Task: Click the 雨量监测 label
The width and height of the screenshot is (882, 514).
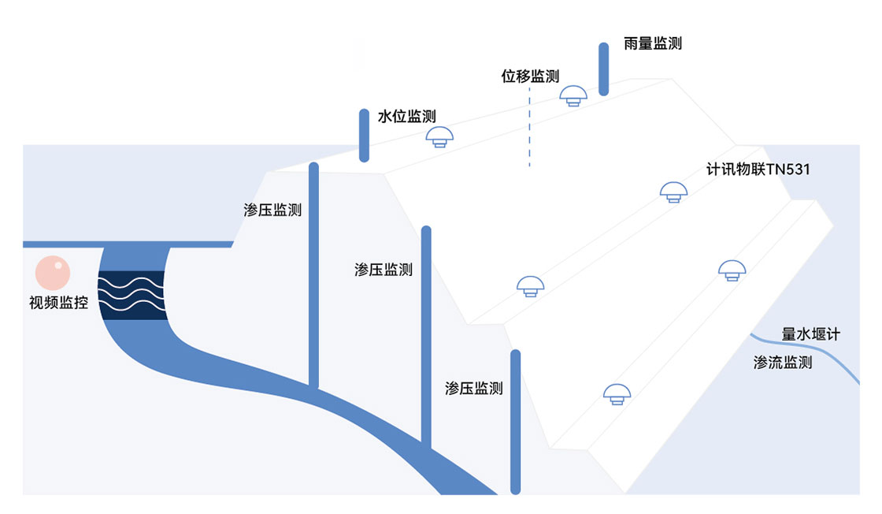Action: click(x=652, y=44)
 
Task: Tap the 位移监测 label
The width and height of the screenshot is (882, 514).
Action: click(x=530, y=76)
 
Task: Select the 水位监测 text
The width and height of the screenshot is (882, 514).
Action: click(x=406, y=117)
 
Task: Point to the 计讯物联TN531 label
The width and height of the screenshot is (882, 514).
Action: click(x=758, y=169)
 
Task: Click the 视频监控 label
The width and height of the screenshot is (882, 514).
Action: click(x=58, y=302)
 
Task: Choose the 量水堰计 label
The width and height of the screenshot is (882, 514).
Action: click(x=810, y=334)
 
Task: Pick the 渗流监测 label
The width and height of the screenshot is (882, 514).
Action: click(x=783, y=363)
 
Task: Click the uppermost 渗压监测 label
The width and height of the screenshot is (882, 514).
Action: click(x=272, y=210)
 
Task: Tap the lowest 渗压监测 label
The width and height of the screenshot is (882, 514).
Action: click(x=473, y=388)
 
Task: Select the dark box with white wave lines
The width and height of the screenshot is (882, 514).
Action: click(x=132, y=295)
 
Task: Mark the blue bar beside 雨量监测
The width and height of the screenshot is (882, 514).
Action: click(x=603, y=69)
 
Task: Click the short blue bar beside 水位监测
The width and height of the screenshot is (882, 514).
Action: click(x=364, y=135)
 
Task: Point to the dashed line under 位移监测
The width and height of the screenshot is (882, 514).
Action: click(x=529, y=126)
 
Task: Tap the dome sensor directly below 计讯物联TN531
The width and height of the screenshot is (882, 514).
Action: click(x=673, y=192)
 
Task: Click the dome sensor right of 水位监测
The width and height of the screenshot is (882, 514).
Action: click(x=439, y=137)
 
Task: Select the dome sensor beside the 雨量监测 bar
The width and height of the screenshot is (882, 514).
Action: click(x=573, y=96)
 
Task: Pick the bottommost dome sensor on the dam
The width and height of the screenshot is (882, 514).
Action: click(x=616, y=393)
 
